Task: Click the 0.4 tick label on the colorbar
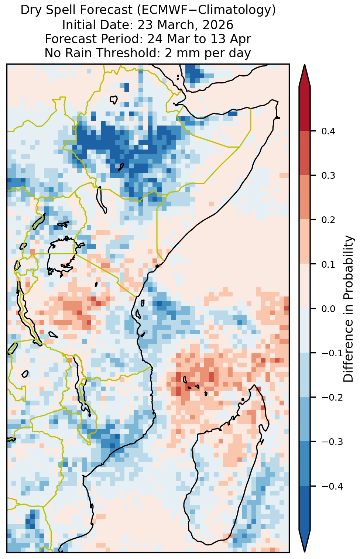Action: [328, 131]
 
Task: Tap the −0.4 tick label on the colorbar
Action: [332, 486]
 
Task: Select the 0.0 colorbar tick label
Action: [328, 309]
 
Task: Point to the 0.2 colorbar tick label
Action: [328, 220]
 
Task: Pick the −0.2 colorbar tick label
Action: [332, 398]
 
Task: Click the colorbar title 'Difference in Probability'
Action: [349, 308]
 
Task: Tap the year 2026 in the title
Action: [218, 25]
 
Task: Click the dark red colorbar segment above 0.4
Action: [305, 109]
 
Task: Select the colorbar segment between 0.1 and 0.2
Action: [305, 242]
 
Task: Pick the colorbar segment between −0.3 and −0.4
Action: [305, 464]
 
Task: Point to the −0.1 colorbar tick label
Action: [332, 353]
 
